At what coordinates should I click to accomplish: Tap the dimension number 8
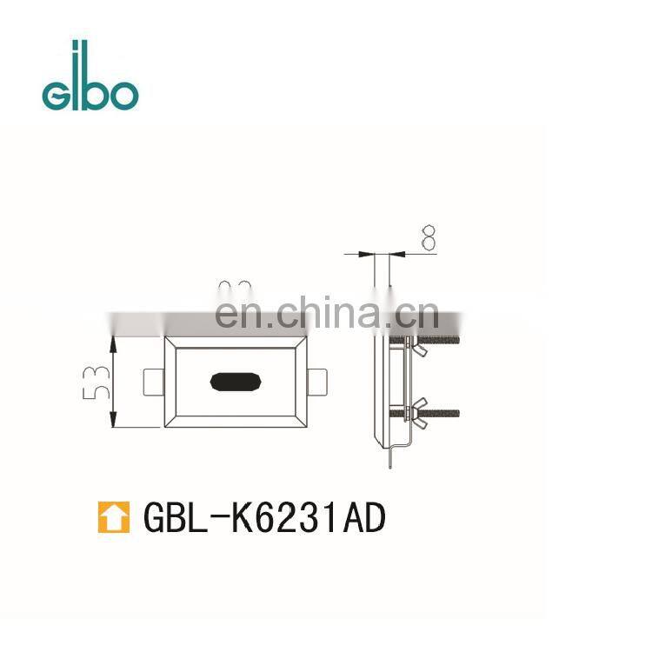pos(428,238)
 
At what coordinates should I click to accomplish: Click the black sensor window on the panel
pos(236,381)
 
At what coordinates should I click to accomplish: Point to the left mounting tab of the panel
pos(153,381)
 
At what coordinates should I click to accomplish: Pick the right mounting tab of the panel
pos(317,381)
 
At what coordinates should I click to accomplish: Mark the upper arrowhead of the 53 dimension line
pos(114,343)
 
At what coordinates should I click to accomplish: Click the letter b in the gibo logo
pos(97,81)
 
